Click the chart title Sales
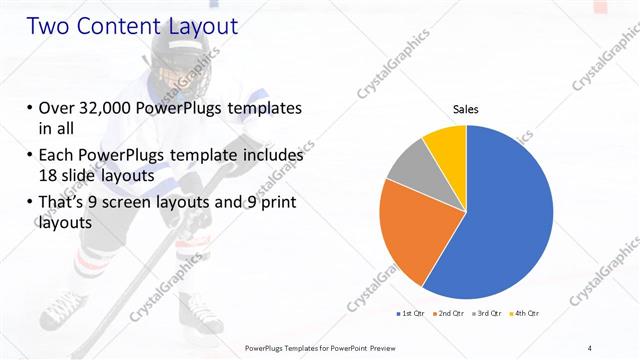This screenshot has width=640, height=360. point(466,108)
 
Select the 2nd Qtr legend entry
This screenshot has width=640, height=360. point(450,313)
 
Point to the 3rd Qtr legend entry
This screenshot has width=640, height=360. point(488,313)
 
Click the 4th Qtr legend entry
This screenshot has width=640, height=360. point(526,313)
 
